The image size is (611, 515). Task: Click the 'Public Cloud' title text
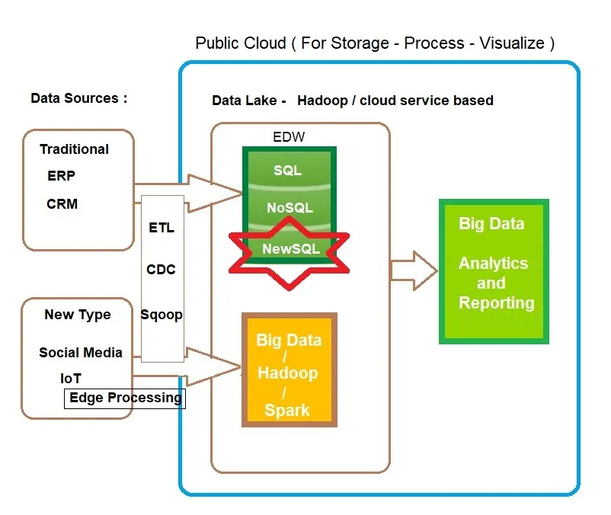click(x=375, y=43)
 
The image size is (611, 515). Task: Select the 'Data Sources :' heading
click(x=78, y=98)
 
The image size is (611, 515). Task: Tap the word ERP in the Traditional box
click(x=61, y=176)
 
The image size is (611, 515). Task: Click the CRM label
click(x=62, y=204)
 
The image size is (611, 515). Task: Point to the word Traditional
click(x=74, y=149)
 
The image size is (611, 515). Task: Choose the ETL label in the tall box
click(x=162, y=227)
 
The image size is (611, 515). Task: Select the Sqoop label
click(x=162, y=315)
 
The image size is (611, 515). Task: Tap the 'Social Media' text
click(x=81, y=353)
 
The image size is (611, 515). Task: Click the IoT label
click(x=71, y=378)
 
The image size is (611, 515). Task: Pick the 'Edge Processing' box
click(x=125, y=398)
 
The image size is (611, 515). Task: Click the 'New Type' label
click(x=77, y=315)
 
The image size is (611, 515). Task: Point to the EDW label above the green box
click(x=287, y=138)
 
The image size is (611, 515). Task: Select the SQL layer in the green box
click(x=287, y=170)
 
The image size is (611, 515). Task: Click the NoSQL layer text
click(x=290, y=207)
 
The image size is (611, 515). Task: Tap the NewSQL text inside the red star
click(x=290, y=249)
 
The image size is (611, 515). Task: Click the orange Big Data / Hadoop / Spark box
click(x=288, y=369)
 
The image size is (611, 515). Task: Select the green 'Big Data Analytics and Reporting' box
click(x=494, y=271)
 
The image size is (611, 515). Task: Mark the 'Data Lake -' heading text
click(x=248, y=101)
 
